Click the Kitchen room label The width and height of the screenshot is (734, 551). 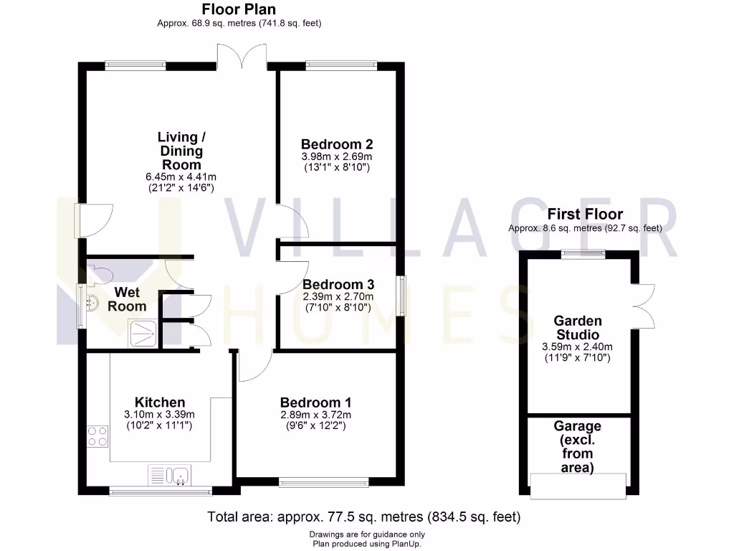coord(161,402)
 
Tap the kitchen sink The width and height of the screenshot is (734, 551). coord(170,475)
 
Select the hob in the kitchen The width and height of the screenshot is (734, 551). coord(98,435)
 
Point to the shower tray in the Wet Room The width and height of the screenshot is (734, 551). coord(143,334)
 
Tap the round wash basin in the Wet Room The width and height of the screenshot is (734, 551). coord(92,303)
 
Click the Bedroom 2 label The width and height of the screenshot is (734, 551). coord(337,143)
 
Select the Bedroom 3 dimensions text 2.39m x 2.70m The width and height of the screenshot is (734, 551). coord(337,296)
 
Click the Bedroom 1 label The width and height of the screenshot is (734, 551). coord(315,402)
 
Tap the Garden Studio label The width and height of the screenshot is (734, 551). coord(577,328)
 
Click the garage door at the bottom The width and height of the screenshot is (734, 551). coord(578,485)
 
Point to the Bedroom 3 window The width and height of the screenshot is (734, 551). coord(401,296)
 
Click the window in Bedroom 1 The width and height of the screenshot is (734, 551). coord(324,483)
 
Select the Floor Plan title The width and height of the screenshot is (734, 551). coord(239,9)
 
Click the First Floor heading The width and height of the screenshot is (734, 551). coord(585,214)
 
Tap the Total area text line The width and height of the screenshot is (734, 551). coord(363,517)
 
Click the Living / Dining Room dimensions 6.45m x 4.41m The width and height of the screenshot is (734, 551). coord(181,176)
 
